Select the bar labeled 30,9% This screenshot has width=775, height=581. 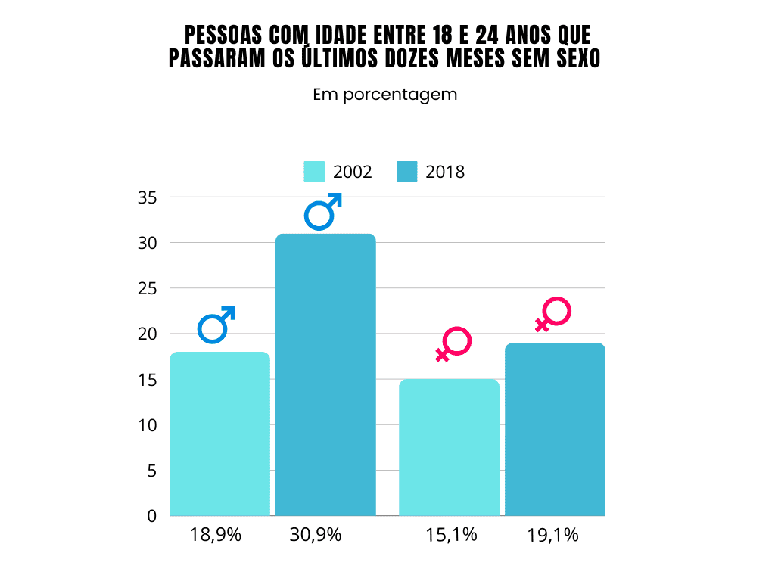325,374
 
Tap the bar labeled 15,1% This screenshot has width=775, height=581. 449,447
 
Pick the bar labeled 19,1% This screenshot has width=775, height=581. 555,429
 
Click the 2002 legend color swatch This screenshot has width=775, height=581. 314,172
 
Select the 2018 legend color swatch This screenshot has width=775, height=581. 406,172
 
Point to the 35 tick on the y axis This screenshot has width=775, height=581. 147,197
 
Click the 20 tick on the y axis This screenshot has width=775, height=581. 147,334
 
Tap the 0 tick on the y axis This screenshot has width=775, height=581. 151,516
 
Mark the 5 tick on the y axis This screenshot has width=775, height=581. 151,471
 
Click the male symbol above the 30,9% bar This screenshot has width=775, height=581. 323,211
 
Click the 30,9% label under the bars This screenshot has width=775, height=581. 316,535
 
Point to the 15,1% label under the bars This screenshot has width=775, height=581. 451,535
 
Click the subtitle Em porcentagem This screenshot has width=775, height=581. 385,95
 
